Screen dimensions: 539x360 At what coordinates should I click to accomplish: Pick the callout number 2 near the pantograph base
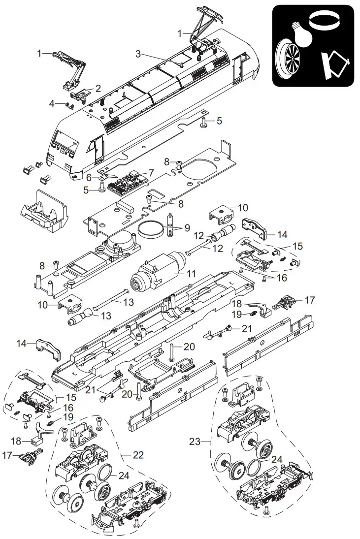tap(98, 89)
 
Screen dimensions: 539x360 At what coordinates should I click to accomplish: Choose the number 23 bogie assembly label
tap(196, 442)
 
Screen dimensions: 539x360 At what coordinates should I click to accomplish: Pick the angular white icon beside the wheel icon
tap(333, 65)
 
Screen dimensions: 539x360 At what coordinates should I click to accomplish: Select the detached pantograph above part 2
tap(68, 66)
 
